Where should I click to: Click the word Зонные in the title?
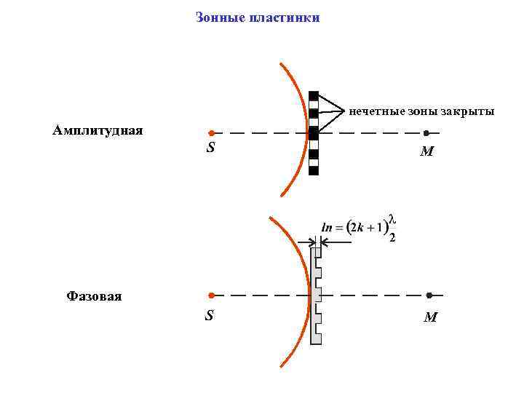[218, 17]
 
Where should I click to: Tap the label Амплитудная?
[98, 130]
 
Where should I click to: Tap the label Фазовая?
[94, 296]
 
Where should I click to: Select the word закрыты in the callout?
[469, 111]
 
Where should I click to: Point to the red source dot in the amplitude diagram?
[210, 134]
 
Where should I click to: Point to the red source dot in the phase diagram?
[210, 296]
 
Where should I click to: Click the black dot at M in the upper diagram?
[426, 133]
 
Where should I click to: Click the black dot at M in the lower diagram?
[429, 295]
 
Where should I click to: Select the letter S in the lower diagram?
[210, 317]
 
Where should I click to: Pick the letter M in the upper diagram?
[427, 153]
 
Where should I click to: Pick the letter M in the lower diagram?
[430, 317]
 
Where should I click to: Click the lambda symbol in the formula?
[392, 218]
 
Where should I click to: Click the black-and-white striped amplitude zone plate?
[314, 133]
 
